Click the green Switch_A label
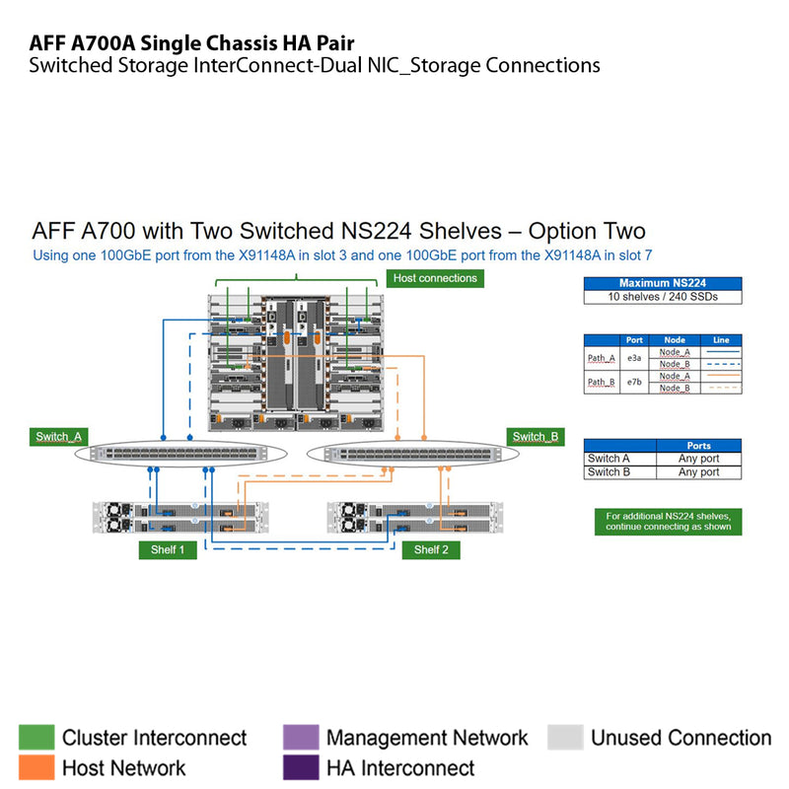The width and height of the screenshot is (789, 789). pos(59,437)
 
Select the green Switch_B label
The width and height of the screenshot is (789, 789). pos(536,437)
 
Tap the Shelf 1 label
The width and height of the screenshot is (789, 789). pos(168,549)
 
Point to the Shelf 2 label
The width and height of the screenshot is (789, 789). pos(431,549)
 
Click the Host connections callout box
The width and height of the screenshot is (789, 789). pos(435,279)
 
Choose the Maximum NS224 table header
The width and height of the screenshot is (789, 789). pos(662,283)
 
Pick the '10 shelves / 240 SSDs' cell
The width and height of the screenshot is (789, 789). pos(662,297)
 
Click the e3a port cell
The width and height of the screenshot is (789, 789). pos(634,358)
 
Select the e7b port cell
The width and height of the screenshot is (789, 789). pos(634,382)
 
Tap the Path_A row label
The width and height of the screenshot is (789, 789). pos(602,358)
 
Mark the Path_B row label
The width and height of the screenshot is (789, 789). pos(602,382)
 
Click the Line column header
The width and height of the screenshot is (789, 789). pos(721,340)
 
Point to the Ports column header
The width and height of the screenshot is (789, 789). pos(698,446)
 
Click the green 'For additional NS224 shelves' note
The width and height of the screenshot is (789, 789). pos(668,522)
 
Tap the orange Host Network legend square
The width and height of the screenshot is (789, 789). pos(36,767)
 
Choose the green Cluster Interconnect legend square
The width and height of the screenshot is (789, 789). pos(36,738)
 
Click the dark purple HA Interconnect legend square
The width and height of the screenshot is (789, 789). pos(300,767)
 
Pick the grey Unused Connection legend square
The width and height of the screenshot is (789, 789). pos(565,738)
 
